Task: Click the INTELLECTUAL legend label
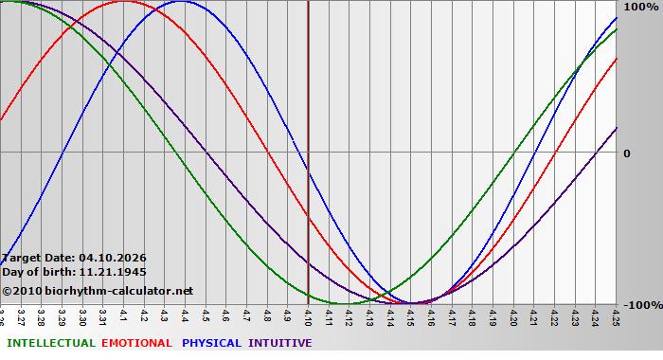coord(49,343)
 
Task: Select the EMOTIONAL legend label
coord(136,343)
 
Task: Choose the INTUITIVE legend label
coord(279,343)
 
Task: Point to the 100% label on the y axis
coord(639,8)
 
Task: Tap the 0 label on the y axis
coord(626,153)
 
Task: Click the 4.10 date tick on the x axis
coord(308,315)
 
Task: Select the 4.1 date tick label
coord(123,313)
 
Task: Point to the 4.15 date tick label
coord(410,315)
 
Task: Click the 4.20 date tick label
coord(513,315)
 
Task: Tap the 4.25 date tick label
coord(616,315)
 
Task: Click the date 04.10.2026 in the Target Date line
coord(113,257)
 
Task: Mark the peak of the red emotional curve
coord(123,1)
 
